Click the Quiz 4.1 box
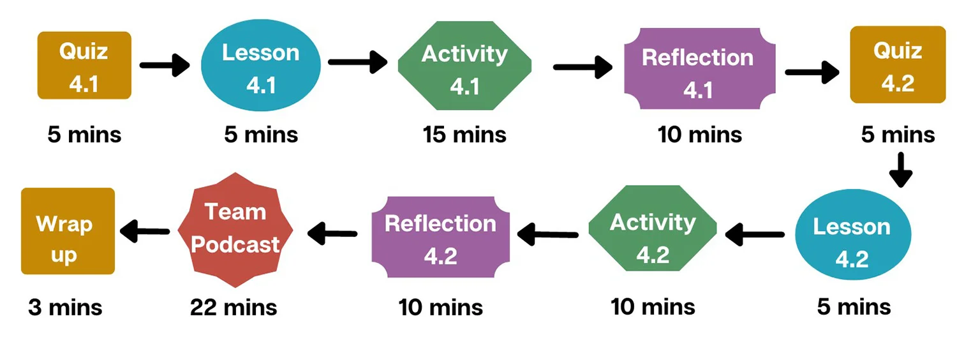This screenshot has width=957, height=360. pyautogui.click(x=84, y=66)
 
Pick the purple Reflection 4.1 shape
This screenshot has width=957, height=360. pyautogui.click(x=699, y=70)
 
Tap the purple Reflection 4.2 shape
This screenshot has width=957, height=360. pyautogui.click(x=441, y=237)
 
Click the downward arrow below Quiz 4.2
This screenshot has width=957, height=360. pyautogui.click(x=900, y=170)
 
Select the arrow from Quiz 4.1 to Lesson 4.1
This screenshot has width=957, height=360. pyautogui.click(x=165, y=65)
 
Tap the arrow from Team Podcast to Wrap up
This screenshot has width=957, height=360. pyautogui.click(x=145, y=231)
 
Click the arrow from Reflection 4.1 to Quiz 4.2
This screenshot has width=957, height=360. pyautogui.click(x=812, y=71)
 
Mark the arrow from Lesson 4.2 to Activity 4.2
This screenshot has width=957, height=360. pyautogui.click(x=755, y=234)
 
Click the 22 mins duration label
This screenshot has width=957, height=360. pyautogui.click(x=234, y=308)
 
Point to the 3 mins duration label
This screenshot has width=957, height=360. pyautogui.click(x=65, y=308)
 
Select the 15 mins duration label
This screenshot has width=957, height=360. pyautogui.click(x=464, y=135)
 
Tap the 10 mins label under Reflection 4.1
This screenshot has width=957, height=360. pyautogui.click(x=700, y=135)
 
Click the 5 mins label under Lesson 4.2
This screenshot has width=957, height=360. pyautogui.click(x=854, y=307)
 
